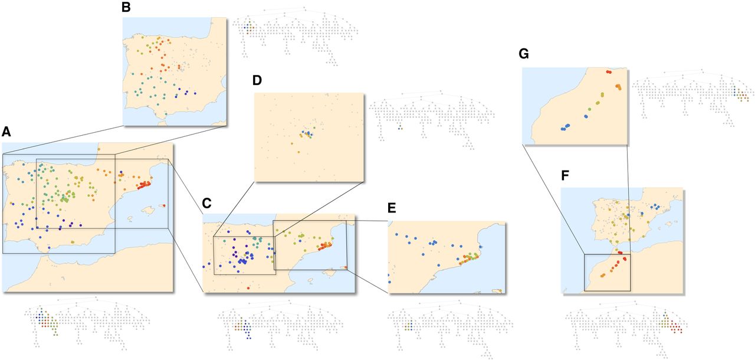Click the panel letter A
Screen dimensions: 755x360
click(6, 132)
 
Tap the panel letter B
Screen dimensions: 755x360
click(126, 7)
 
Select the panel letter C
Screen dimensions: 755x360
click(206, 203)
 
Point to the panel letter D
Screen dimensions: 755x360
click(257, 80)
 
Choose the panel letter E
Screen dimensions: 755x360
click(392, 208)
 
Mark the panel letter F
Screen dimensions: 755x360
click(565, 175)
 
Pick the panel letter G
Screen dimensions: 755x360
click(524, 54)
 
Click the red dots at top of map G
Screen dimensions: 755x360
click(608, 72)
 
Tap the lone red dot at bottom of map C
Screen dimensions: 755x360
click(248, 288)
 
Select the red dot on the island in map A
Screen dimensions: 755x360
click(164, 205)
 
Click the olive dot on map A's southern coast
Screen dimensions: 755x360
click(73, 242)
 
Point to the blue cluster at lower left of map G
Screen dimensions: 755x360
click(565, 127)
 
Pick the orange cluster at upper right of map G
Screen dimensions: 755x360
click(619, 87)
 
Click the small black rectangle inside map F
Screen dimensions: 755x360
click(608, 273)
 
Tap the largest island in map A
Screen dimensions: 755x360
click(148, 211)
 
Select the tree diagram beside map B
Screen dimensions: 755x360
click(296, 36)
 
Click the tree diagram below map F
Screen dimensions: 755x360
click(626, 329)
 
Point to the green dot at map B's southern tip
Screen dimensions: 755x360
click(166, 114)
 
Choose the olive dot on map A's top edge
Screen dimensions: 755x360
click(99, 149)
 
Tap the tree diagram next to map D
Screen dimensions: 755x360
click(432, 120)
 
